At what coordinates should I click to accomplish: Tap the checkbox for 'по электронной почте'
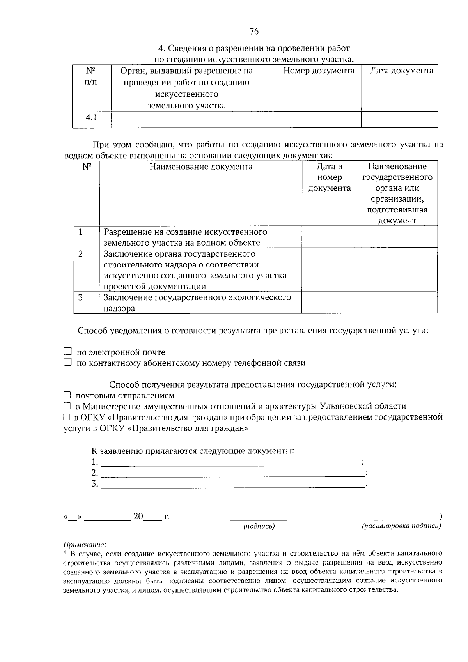(68, 352)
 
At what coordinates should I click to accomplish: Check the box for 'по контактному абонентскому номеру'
(68, 363)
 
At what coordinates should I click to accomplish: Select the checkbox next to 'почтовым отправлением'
(67, 395)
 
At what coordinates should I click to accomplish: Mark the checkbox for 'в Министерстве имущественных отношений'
(67, 406)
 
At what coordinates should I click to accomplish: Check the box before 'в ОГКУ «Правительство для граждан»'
(66, 417)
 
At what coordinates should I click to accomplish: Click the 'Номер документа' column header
(319, 71)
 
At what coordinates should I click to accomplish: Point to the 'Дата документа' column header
(402, 71)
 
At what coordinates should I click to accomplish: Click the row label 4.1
(91, 118)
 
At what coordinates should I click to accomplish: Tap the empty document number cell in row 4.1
(317, 119)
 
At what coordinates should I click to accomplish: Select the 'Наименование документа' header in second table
(201, 167)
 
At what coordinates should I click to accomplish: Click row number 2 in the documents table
(80, 254)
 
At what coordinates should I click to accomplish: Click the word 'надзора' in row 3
(119, 308)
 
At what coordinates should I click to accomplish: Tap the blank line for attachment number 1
(230, 462)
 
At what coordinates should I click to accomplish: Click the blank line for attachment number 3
(233, 484)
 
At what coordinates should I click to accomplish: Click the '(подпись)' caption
(259, 526)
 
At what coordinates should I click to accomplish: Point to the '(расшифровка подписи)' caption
(402, 526)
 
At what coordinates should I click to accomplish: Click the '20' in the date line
(138, 517)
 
